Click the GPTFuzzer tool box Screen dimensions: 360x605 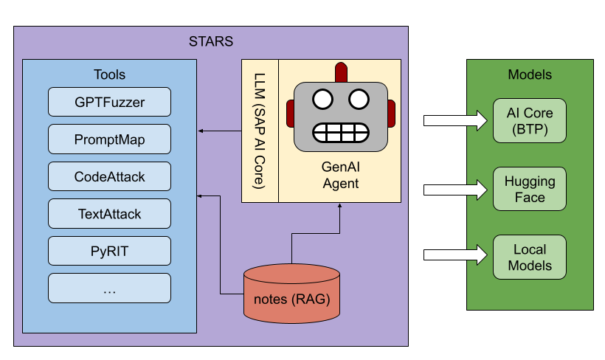pyautogui.click(x=109, y=102)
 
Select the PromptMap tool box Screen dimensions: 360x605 pyautogui.click(x=109, y=139)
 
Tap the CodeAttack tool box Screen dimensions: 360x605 pyautogui.click(x=109, y=176)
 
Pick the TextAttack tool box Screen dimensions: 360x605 pyautogui.click(x=109, y=214)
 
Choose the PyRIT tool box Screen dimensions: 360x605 pyautogui.click(x=109, y=251)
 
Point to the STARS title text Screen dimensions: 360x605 pyautogui.click(x=211, y=41)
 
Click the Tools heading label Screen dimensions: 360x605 pyautogui.click(x=109, y=75)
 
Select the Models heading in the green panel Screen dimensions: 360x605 pyautogui.click(x=530, y=75)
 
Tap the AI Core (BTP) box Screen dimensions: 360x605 pyautogui.click(x=530, y=121)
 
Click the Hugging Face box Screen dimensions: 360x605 pyautogui.click(x=530, y=189)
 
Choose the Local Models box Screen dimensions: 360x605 pyautogui.click(x=530, y=257)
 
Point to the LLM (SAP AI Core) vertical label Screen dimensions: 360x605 pyautogui.click(x=259, y=131)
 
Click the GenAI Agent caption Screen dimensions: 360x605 pyautogui.click(x=340, y=176)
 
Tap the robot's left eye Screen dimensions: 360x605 pyautogui.click(x=322, y=98)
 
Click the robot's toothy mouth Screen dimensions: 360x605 pyautogui.click(x=340, y=131)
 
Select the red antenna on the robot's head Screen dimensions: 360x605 pyautogui.click(x=340, y=72)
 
